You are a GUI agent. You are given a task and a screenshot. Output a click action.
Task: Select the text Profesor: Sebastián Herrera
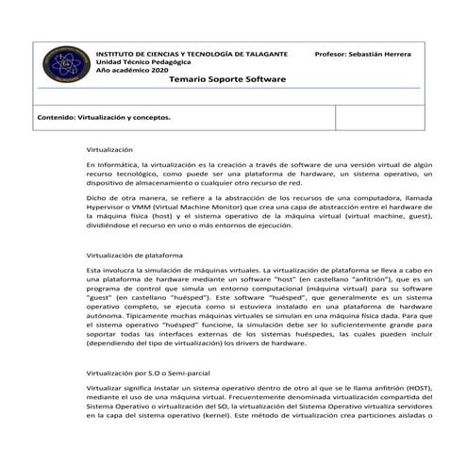click(363, 56)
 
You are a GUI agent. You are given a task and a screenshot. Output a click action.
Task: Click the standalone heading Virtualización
click(109, 150)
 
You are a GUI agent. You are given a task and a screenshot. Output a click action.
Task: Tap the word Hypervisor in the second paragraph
click(106, 207)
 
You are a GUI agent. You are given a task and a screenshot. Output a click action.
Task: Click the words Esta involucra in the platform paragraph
click(109, 270)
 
